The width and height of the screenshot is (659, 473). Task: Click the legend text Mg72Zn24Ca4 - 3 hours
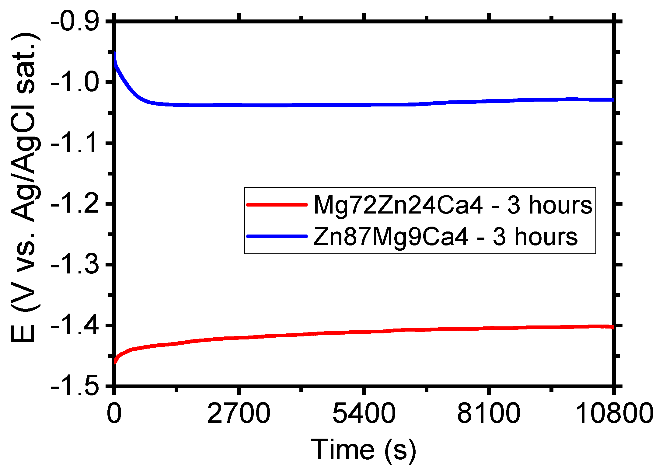pyautogui.click(x=453, y=205)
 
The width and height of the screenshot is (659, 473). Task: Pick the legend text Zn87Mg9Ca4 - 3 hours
pyautogui.click(x=445, y=237)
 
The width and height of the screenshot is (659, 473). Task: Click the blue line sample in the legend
pyautogui.click(x=277, y=236)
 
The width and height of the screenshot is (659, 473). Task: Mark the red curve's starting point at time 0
pyautogui.click(x=115, y=363)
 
